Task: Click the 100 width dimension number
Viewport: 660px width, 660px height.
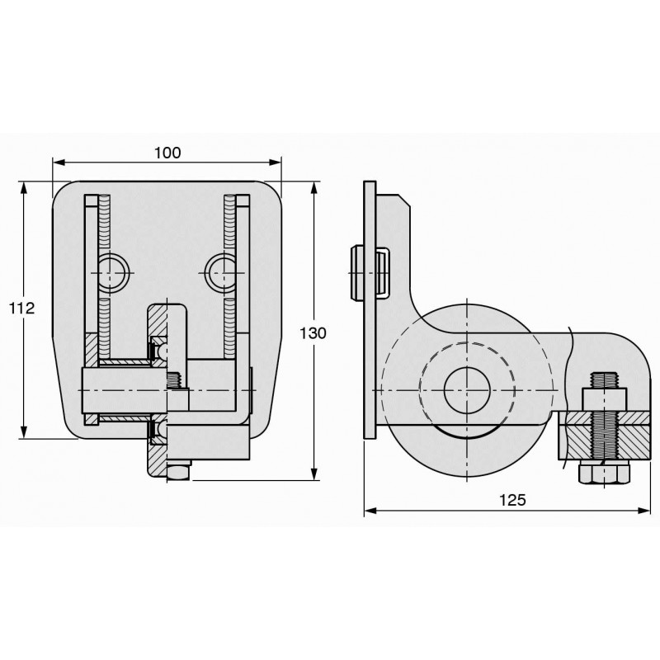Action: coord(167,153)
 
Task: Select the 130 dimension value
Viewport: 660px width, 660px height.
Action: coord(314,333)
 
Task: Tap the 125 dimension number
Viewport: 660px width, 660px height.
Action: coord(512,500)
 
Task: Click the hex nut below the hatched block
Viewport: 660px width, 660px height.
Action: coord(605,474)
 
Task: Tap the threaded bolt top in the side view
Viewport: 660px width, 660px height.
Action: coord(605,380)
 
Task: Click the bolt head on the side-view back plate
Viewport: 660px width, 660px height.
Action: coord(357,271)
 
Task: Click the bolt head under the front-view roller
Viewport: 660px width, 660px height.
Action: coord(177,471)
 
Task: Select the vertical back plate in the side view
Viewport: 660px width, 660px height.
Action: coord(370,313)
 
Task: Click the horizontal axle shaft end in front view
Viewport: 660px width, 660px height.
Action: coord(91,390)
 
